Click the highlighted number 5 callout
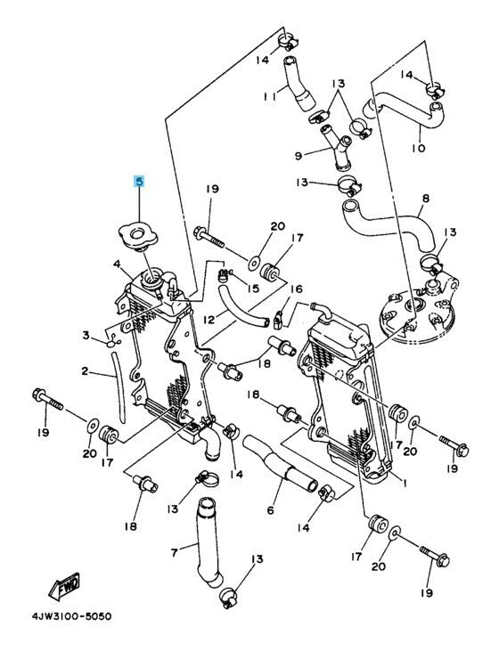tap(139, 182)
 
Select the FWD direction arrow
tap(64, 586)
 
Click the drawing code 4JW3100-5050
tap(72, 616)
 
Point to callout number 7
tap(175, 553)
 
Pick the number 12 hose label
tap(209, 320)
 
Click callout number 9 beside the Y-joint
tap(298, 157)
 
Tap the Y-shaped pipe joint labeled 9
tap(337, 149)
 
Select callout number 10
tap(419, 148)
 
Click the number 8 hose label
tap(425, 198)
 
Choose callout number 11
tap(269, 97)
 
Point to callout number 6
tap(270, 510)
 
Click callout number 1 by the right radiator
tap(405, 484)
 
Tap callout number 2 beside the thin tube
tap(85, 370)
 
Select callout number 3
tap(86, 336)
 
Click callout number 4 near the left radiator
tap(117, 264)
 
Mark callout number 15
tap(253, 289)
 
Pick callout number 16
tap(297, 289)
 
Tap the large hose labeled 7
tap(208, 541)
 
